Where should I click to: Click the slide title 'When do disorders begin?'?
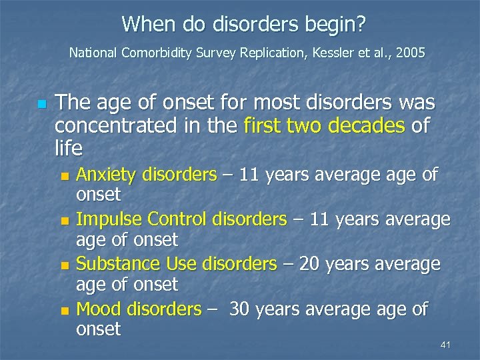[243, 25]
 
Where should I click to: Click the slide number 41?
[446, 344]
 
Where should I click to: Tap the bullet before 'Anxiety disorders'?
[64, 177]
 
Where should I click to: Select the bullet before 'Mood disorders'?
[64, 311]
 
